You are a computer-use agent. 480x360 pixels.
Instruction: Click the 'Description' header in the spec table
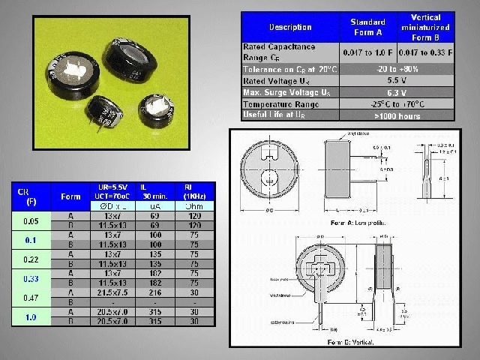pyautogui.click(x=289, y=27)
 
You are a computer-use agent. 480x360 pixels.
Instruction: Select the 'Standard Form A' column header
pyautogui.click(x=367, y=27)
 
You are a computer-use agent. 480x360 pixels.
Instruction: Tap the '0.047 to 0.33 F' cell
pyautogui.click(x=426, y=52)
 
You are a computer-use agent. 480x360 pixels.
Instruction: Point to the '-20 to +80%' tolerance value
pyautogui.click(x=397, y=67)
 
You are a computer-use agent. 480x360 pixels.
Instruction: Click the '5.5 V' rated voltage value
pyautogui.click(x=397, y=79)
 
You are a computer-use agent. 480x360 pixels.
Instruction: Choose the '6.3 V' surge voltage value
pyautogui.click(x=397, y=91)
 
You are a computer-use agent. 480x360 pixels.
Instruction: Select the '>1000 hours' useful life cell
pyautogui.click(x=397, y=115)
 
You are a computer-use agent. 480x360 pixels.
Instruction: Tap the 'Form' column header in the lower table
pyautogui.click(x=70, y=196)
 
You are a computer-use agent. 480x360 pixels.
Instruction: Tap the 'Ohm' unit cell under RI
pyautogui.click(x=194, y=205)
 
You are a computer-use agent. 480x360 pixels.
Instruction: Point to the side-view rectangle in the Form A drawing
pyautogui.click(x=349, y=169)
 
